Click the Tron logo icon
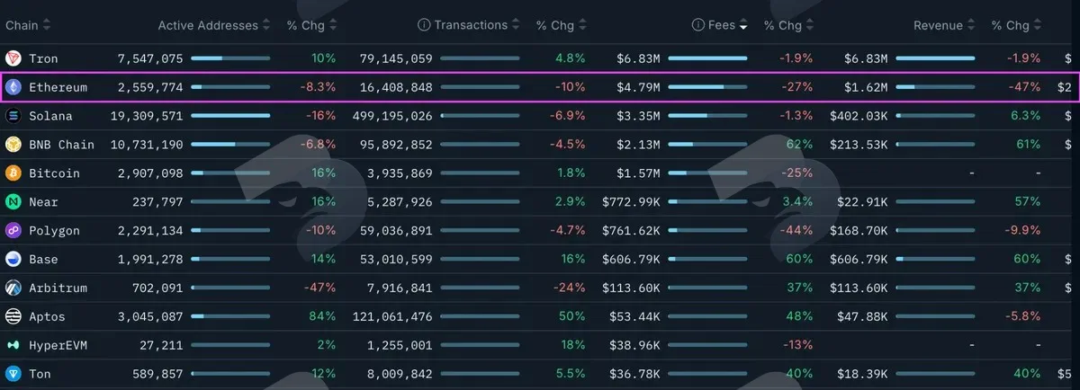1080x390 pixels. [13, 58]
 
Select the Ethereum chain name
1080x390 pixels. [58, 87]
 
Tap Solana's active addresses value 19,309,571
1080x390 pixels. [147, 116]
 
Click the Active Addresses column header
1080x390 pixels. [208, 25]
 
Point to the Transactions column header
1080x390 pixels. [471, 25]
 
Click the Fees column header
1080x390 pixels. [721, 25]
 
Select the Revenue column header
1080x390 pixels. [938, 25]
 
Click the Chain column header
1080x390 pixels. [22, 25]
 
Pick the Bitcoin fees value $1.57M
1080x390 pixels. [638, 173]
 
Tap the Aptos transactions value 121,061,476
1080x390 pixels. [392, 317]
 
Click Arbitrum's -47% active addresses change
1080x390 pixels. [319, 288]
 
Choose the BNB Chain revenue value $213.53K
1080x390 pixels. [859, 145]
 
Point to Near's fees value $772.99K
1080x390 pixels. [631, 202]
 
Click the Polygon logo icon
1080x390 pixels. [13, 230]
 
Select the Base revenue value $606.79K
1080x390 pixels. [859, 259]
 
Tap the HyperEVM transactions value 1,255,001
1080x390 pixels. [400, 345]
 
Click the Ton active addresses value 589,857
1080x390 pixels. [157, 374]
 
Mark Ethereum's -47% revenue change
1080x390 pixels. [1024, 87]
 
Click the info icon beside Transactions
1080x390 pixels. [424, 25]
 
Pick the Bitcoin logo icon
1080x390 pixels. [13, 173]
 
